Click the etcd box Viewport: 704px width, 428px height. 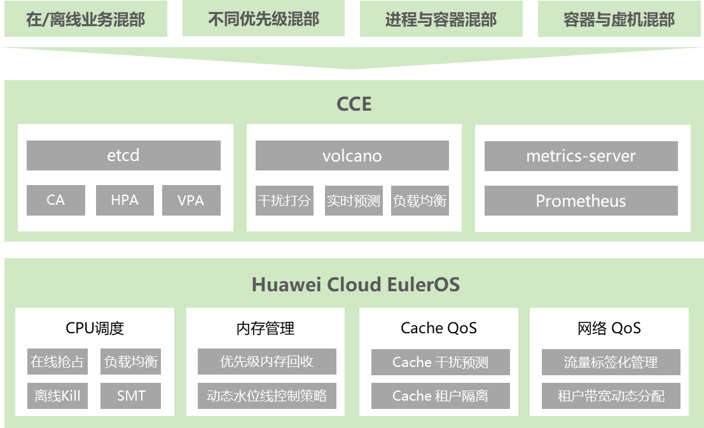point(123,156)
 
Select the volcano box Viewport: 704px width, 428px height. point(352,156)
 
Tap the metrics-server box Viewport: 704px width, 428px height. point(581,156)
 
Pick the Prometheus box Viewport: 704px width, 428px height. point(581,201)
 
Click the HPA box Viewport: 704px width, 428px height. point(125,200)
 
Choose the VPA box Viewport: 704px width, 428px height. point(191,200)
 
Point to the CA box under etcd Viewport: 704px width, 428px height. point(56,200)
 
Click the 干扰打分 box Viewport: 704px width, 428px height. point(284,201)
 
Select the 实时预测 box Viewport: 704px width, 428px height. point(353,201)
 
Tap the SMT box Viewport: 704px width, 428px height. point(131,396)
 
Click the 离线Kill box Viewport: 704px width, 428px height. point(58,396)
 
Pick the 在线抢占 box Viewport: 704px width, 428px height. point(58,362)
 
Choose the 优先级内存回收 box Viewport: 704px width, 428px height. point(266,362)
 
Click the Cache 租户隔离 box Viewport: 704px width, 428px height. point(440,396)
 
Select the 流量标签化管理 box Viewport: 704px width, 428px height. point(611,362)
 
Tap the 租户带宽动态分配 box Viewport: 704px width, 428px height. point(611,396)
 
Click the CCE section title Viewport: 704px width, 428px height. point(354,104)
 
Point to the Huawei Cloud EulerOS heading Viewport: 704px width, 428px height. point(355,284)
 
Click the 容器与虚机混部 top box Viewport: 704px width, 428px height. point(619,19)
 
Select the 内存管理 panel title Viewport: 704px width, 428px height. point(265,328)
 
